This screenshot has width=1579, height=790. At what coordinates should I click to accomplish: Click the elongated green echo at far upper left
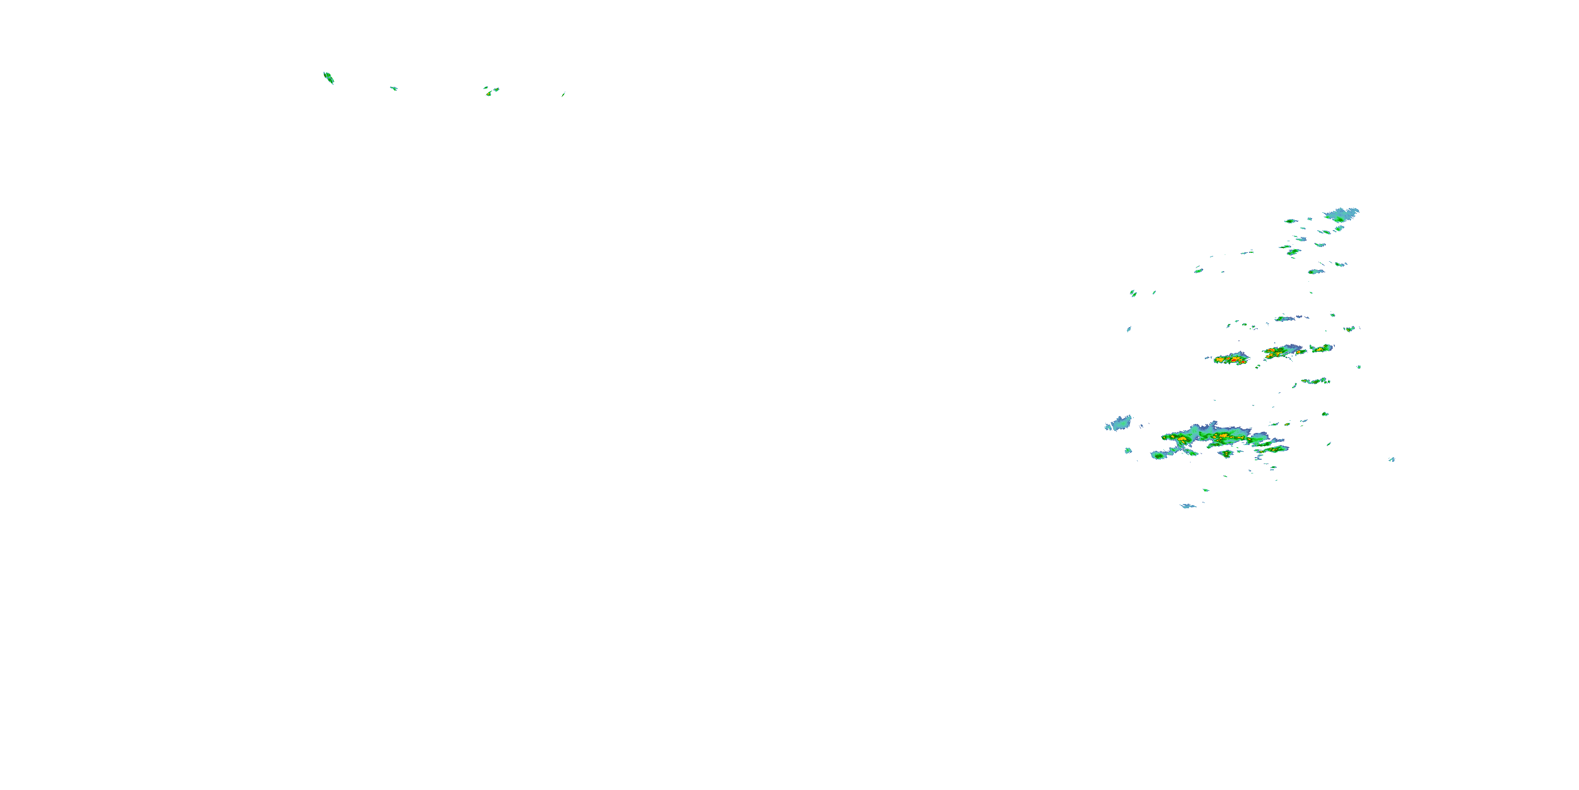pos(328,78)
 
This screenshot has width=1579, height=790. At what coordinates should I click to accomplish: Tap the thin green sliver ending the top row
pos(563,94)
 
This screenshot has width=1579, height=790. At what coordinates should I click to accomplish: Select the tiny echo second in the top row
pos(394,88)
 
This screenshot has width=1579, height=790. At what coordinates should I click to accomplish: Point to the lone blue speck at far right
pos(1392,459)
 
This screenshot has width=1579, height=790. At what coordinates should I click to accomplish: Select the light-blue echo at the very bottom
pos(1188,506)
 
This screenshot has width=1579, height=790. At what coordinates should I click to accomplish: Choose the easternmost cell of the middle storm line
pos(1322,348)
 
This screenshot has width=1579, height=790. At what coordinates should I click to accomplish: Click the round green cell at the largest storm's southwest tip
pos(1158,455)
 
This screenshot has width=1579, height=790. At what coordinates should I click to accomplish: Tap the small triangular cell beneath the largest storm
pos(1226,454)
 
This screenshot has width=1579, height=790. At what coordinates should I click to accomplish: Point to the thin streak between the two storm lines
pos(1314,381)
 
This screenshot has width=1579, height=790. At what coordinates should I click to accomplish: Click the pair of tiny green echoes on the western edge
pos(1133,293)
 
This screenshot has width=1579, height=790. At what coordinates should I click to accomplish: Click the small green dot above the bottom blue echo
pos(1206,490)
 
